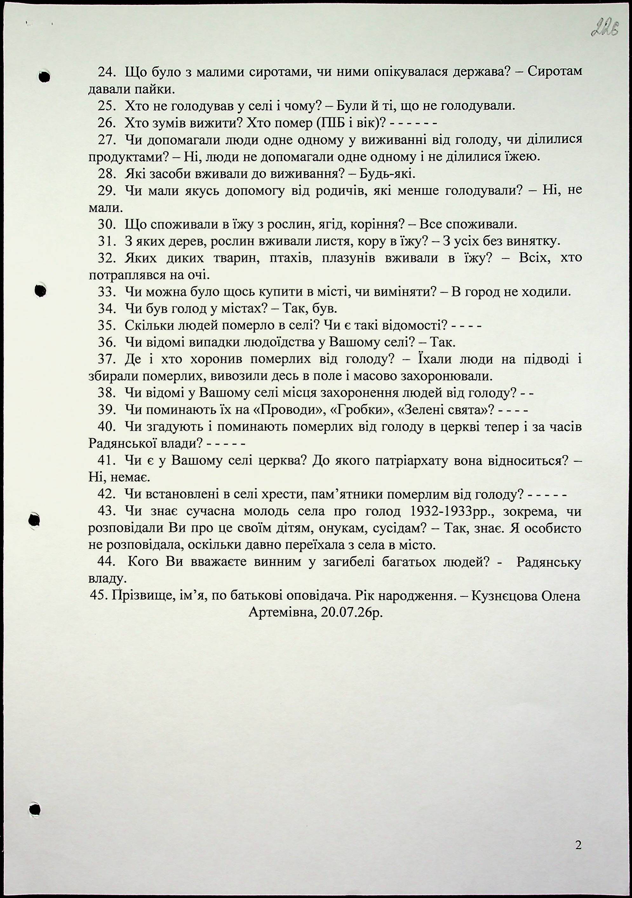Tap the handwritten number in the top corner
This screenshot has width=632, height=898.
pos(605,29)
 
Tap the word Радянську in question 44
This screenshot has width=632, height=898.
pos(548,562)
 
